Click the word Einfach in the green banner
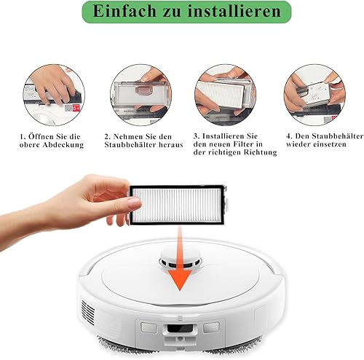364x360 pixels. [124, 11]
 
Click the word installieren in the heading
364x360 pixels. [234, 11]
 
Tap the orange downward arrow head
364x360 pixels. [180, 280]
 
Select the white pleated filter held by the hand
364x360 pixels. [178, 204]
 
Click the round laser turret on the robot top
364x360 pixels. [180, 261]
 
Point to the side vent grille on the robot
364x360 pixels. [88, 312]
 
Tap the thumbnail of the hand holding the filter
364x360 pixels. [226, 95]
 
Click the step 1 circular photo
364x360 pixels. [54, 95]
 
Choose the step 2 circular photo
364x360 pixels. [141, 95]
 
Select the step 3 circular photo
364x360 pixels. [226, 95]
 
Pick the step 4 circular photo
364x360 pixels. [314, 95]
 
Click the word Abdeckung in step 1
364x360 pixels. [63, 145]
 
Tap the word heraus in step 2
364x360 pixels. [171, 145]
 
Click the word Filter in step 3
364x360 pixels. [245, 144]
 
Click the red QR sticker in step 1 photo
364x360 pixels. [76, 108]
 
